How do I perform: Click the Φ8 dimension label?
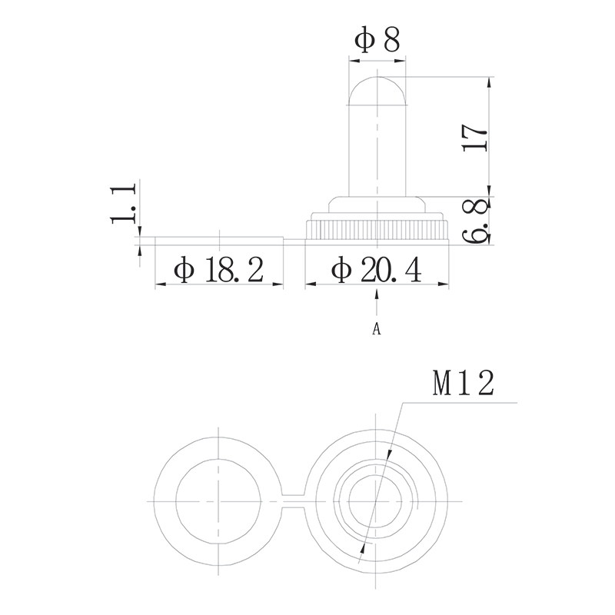tap(377, 40)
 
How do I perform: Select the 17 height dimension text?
tap(474, 136)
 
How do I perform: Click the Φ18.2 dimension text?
tap(219, 270)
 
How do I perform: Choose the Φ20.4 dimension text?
tap(377, 270)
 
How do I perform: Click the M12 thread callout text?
tap(461, 384)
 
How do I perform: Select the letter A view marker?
tap(377, 329)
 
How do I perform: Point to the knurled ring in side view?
tap(377, 230)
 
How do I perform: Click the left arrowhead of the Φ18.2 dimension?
tap(160, 284)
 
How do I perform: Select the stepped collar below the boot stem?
tap(377, 205)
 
